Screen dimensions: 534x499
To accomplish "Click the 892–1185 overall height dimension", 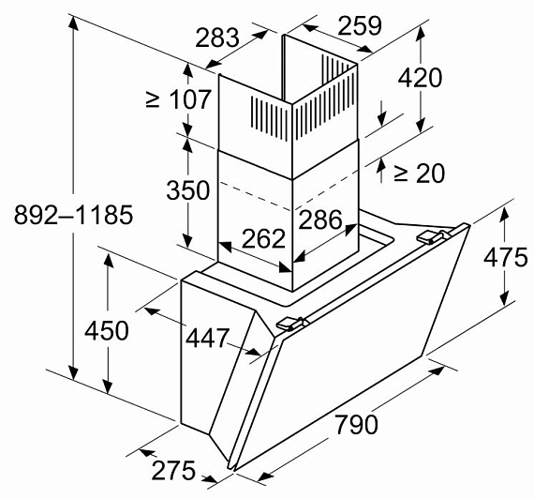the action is coord(73,215).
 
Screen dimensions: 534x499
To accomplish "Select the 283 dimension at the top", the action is coord(217,38).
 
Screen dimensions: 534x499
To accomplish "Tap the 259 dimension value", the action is coord(360,25).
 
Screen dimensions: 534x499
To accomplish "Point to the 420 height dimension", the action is coord(420,78).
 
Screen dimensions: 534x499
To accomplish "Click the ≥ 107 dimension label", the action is coord(178,100).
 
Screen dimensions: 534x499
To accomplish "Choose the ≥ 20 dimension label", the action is coord(419,174).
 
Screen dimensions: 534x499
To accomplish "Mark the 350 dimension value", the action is coord(187,190).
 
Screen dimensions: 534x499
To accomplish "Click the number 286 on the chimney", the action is coord(320,219).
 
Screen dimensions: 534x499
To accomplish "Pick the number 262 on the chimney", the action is coord(263,238).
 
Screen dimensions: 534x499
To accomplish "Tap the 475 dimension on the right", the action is coord(505,257).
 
